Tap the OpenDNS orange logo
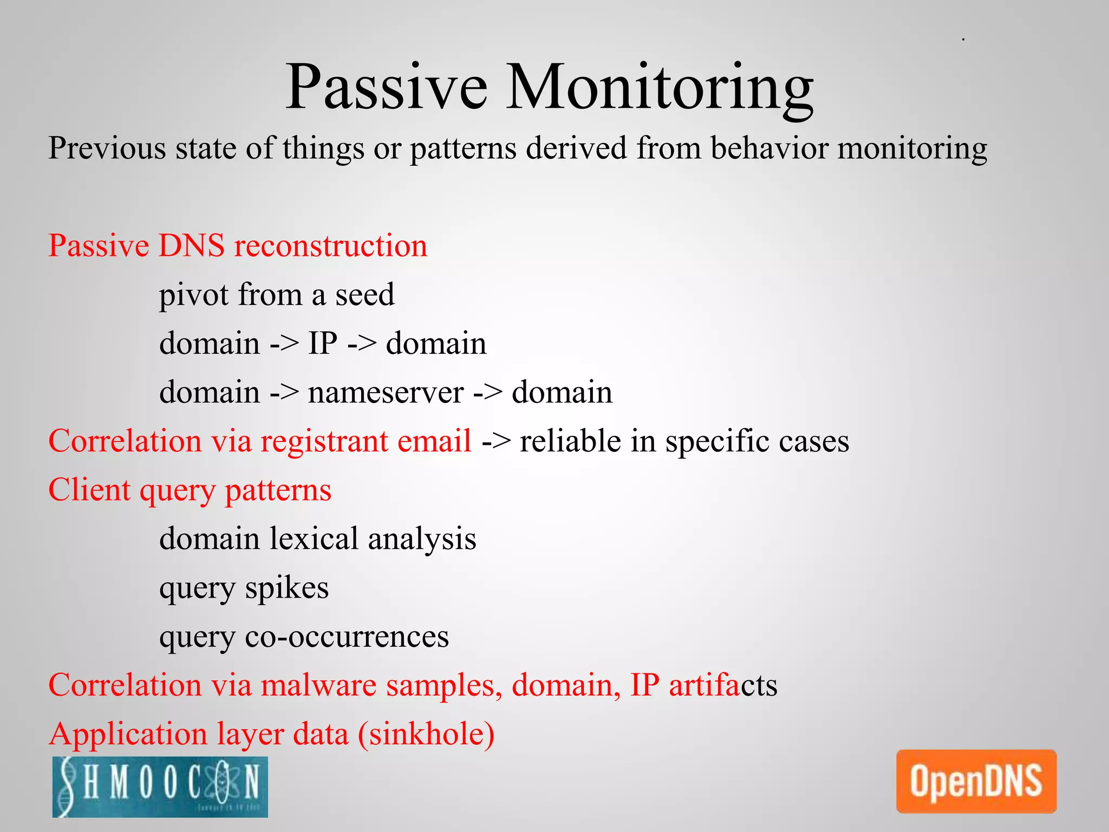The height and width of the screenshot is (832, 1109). (x=976, y=781)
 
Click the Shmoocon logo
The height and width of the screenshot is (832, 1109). (x=160, y=786)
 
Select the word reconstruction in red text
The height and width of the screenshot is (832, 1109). (x=330, y=246)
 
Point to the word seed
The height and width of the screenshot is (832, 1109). (x=364, y=295)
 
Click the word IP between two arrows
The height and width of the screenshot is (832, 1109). (x=323, y=343)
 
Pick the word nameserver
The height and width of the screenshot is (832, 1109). (x=386, y=393)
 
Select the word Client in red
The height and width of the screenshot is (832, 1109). (x=89, y=490)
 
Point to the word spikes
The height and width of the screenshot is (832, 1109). (x=286, y=588)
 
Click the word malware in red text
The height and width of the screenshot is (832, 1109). (x=318, y=685)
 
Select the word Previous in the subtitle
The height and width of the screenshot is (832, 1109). (x=107, y=148)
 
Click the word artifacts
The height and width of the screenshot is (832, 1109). (x=723, y=685)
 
